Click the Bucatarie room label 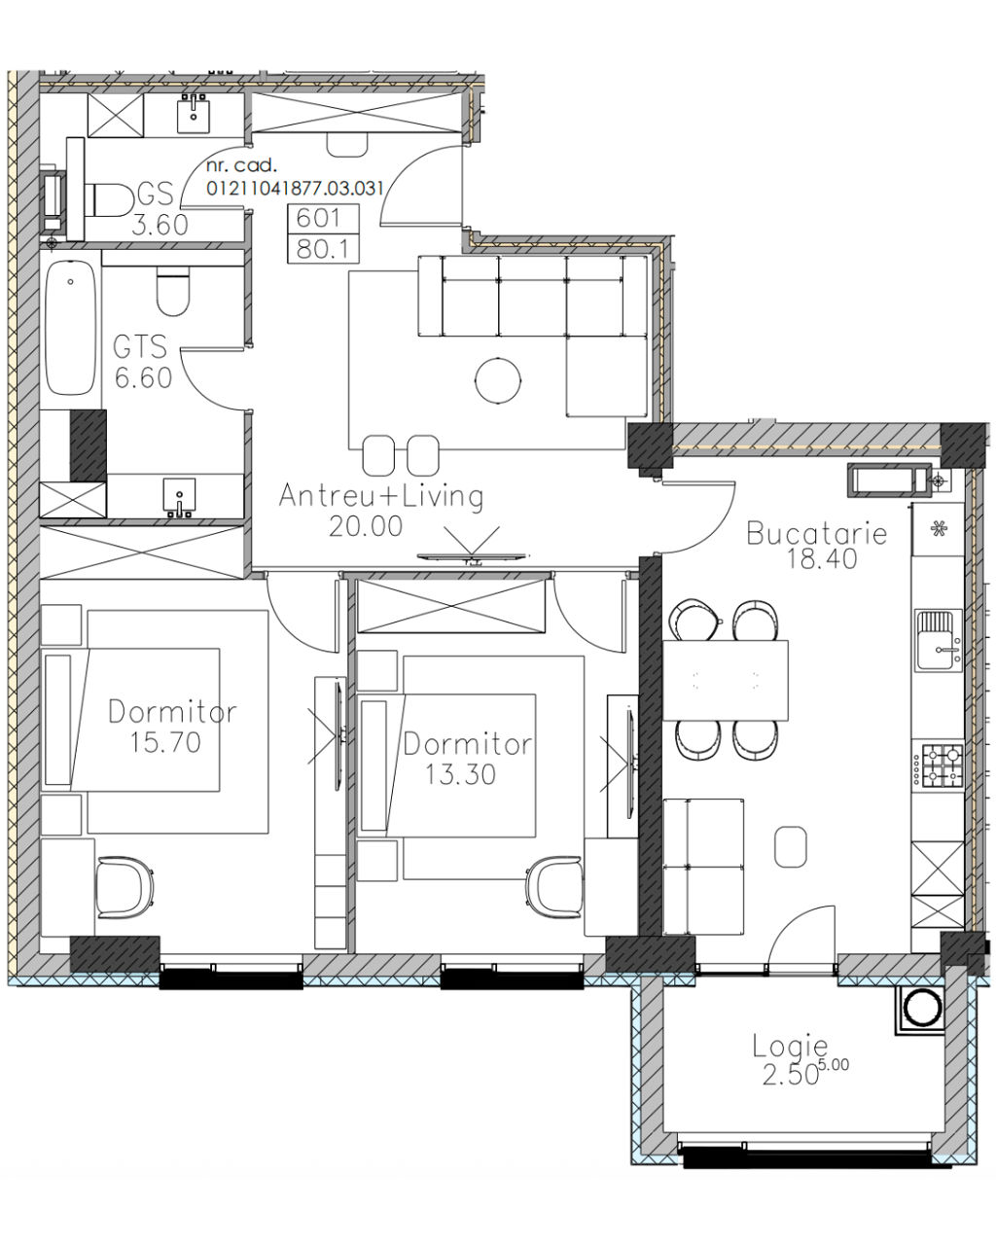pyautogui.click(x=817, y=533)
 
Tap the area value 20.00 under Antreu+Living pyautogui.click(x=366, y=526)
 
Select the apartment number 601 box pyautogui.click(x=324, y=218)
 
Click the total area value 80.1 pyautogui.click(x=324, y=249)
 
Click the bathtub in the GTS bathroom pyautogui.click(x=70, y=328)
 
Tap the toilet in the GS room pyautogui.click(x=109, y=200)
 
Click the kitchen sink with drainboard pyautogui.click(x=938, y=640)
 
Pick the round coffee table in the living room pyautogui.click(x=498, y=380)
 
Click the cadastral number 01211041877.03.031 pyautogui.click(x=295, y=188)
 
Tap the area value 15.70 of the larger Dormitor pyautogui.click(x=165, y=742)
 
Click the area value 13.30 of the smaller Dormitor pyautogui.click(x=461, y=774)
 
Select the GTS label pyautogui.click(x=140, y=347)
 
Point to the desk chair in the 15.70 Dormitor pyautogui.click(x=124, y=887)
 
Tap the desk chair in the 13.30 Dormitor pyautogui.click(x=554, y=887)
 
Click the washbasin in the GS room pyautogui.click(x=193, y=115)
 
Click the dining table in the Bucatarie pyautogui.click(x=726, y=680)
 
